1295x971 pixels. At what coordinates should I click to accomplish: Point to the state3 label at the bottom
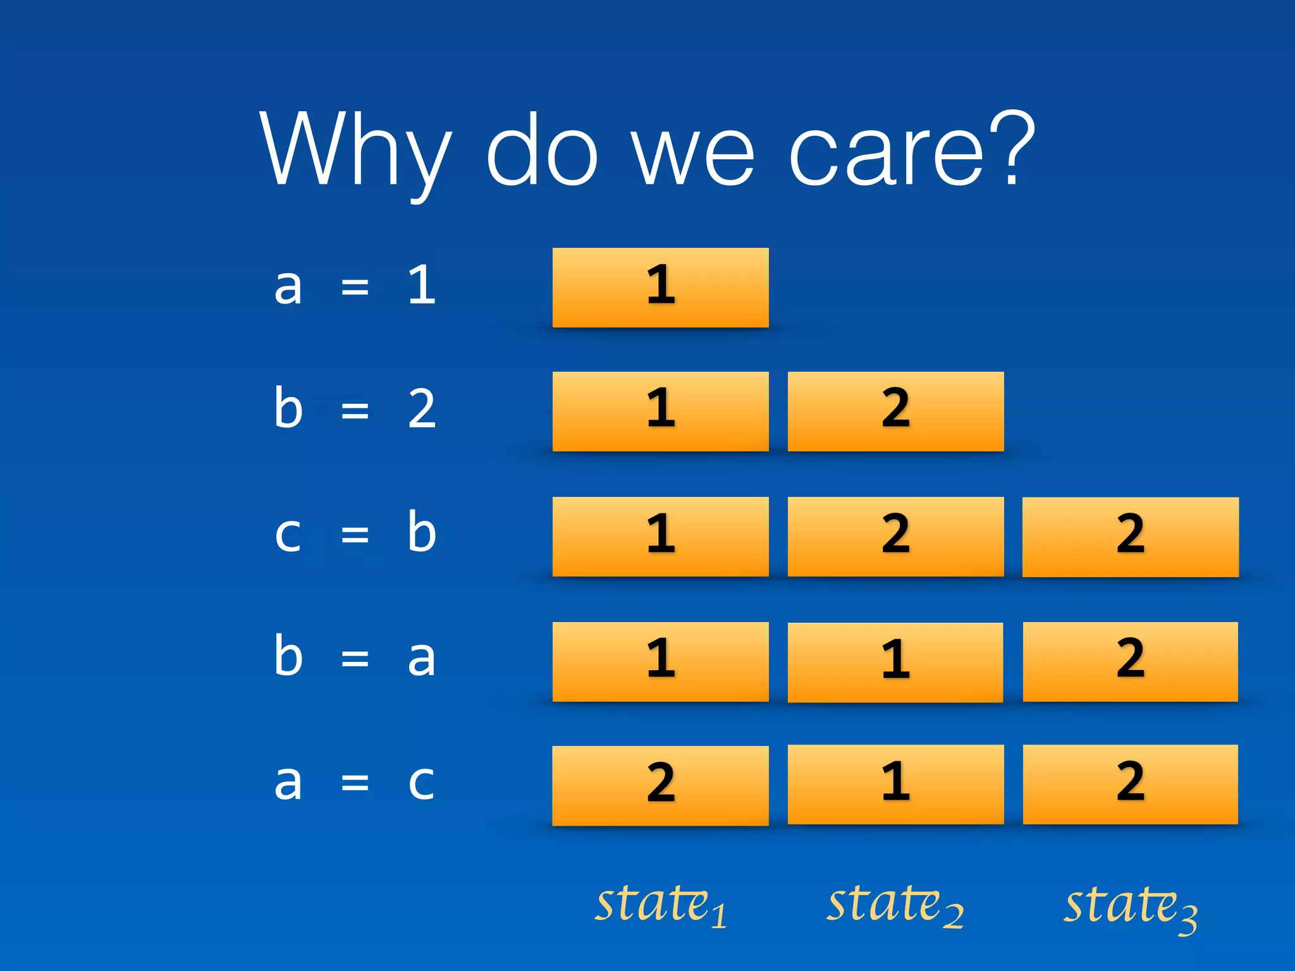coord(1130,907)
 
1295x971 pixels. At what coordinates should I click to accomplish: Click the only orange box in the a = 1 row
coord(660,288)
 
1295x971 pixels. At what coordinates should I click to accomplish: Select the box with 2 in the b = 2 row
coord(895,412)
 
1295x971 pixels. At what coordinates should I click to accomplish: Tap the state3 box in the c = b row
coord(1130,537)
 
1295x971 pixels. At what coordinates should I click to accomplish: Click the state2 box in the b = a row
coord(895,662)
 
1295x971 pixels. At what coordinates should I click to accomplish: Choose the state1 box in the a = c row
coord(660,785)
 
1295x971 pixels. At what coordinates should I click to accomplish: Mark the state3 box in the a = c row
coord(1130,785)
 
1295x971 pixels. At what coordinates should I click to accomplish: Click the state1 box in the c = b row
coord(660,537)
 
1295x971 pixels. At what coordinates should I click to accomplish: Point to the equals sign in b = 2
coord(355,411)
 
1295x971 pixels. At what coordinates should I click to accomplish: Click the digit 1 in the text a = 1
coord(422,285)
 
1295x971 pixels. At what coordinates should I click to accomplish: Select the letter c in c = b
coord(288,535)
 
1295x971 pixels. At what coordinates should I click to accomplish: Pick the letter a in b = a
coord(421,659)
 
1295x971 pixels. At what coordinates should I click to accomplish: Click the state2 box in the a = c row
coord(895,785)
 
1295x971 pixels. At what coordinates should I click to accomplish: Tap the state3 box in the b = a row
coord(1130,662)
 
